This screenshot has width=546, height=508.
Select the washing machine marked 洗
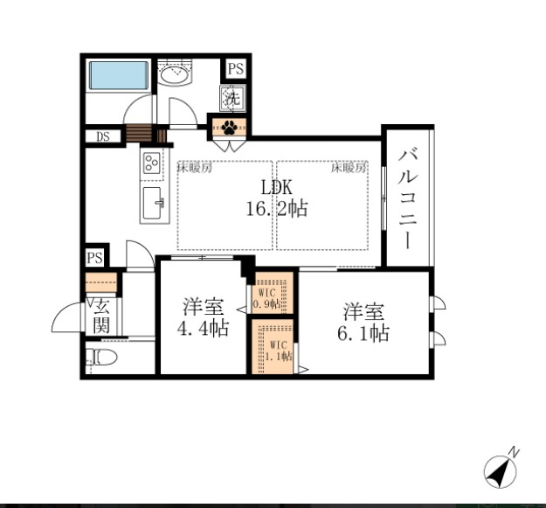[x=233, y=96]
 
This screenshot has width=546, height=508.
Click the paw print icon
[x=229, y=127]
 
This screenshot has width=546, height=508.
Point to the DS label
[x=103, y=136]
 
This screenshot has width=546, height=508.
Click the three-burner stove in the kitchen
[x=151, y=163]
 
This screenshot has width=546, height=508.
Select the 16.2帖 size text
[x=277, y=209]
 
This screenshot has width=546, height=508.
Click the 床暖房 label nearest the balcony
[x=348, y=167]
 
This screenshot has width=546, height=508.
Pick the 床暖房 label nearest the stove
[x=195, y=167]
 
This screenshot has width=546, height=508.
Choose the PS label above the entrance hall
[x=94, y=258]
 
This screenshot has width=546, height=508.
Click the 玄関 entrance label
[x=100, y=316]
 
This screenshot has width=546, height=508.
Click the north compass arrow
[x=501, y=470]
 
